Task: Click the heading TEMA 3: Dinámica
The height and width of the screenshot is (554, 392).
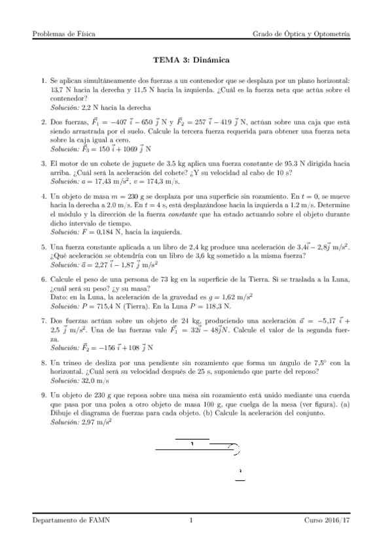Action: click(195, 60)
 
